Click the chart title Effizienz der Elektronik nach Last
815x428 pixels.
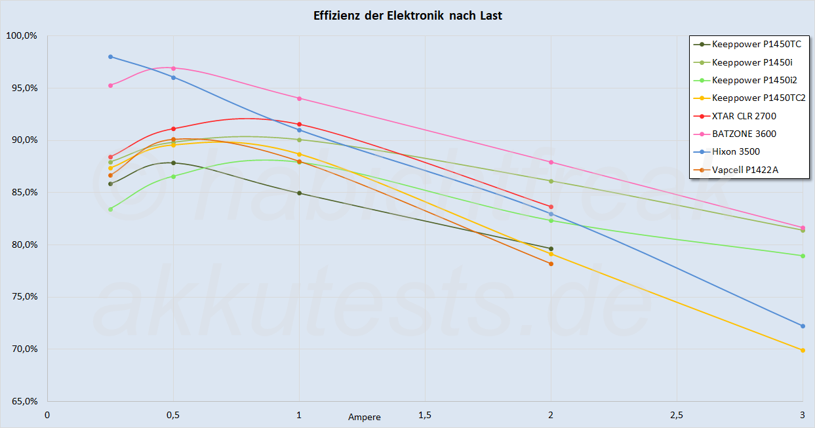click(408, 16)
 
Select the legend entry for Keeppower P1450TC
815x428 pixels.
click(756, 45)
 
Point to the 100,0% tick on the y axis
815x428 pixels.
click(21, 36)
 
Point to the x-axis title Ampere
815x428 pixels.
click(364, 417)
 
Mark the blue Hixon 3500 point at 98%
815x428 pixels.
click(111, 56)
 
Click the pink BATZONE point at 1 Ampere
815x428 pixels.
click(300, 98)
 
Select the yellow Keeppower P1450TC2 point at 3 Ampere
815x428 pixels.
click(803, 350)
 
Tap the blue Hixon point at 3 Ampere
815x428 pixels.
click(803, 326)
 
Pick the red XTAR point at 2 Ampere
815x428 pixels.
click(551, 206)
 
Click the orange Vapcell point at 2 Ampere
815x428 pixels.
click(551, 263)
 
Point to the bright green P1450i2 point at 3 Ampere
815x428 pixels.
click(803, 256)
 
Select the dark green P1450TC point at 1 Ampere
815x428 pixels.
click(300, 193)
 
